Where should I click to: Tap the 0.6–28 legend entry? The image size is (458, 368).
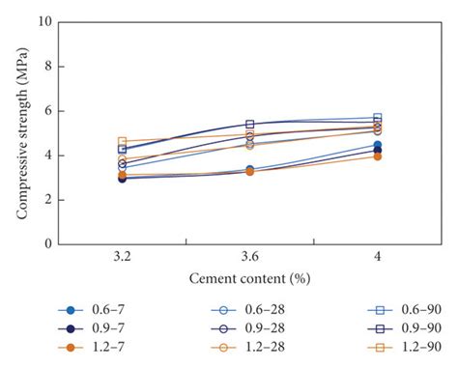(x=241, y=310)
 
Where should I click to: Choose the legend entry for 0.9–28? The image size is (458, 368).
(x=241, y=328)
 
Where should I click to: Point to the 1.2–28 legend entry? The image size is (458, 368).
(x=241, y=347)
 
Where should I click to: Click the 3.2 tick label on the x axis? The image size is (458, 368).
(x=122, y=258)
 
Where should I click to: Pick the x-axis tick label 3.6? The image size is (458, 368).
(x=249, y=258)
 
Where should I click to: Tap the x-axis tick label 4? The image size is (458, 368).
(x=377, y=258)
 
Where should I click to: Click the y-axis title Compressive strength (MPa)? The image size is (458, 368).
(x=18, y=132)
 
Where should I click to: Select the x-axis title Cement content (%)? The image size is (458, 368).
(x=249, y=278)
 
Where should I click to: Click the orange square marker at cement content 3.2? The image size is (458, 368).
(x=123, y=142)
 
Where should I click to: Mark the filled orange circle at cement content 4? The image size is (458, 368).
(x=377, y=156)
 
